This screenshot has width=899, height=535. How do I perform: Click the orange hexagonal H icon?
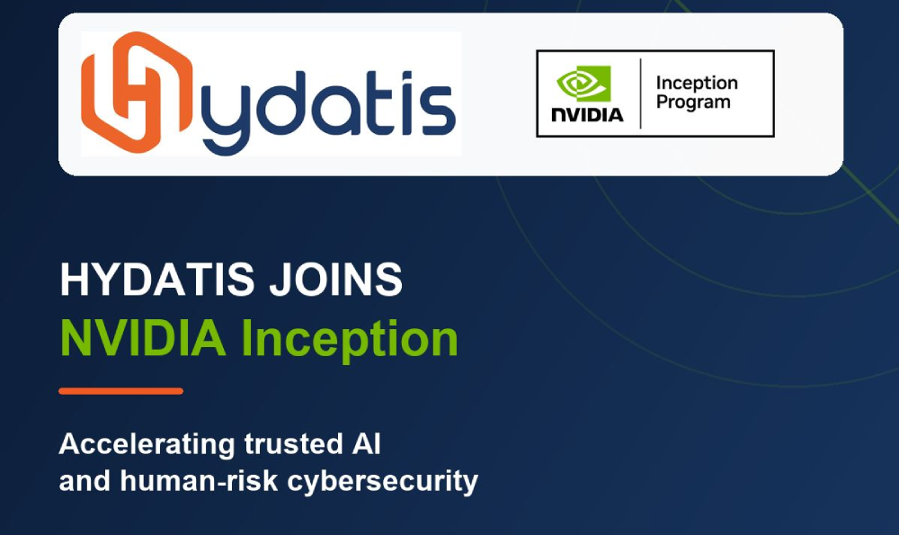pyautogui.click(x=137, y=92)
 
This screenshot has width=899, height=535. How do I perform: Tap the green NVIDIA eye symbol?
pyautogui.click(x=583, y=83)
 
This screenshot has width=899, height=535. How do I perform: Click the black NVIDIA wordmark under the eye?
pyautogui.click(x=587, y=115)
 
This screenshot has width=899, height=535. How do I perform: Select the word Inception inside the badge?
pyautogui.click(x=697, y=84)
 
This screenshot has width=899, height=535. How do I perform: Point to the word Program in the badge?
pyautogui.click(x=693, y=103)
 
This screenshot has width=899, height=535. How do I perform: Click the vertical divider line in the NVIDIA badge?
pyautogui.click(x=640, y=94)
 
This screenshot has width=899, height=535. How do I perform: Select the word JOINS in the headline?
pyautogui.click(x=336, y=280)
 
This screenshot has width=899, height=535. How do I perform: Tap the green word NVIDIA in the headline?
pyautogui.click(x=143, y=338)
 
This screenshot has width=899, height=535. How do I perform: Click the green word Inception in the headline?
pyautogui.click(x=350, y=340)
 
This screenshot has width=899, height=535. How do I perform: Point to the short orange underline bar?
pyautogui.click(x=121, y=391)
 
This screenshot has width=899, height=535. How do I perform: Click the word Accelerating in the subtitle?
pyautogui.click(x=147, y=445)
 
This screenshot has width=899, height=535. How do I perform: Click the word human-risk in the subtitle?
pyautogui.click(x=199, y=480)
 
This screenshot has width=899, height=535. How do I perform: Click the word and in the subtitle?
pyautogui.click(x=85, y=480)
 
